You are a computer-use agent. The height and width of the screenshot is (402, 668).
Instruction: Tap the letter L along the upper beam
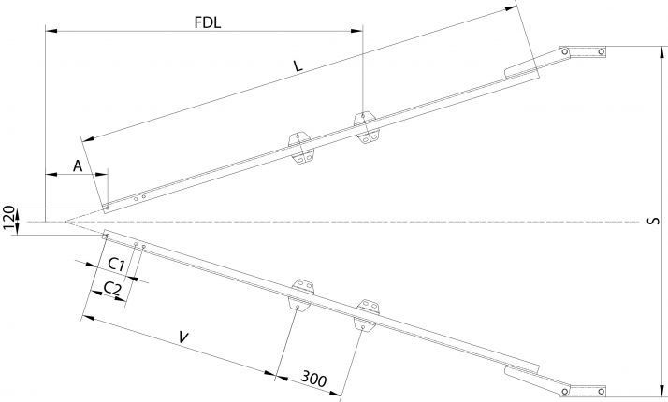click(298, 67)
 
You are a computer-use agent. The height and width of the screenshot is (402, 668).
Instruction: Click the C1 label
click(117, 264)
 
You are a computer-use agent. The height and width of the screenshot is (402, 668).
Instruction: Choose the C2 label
click(111, 287)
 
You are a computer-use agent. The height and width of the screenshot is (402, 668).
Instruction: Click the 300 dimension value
click(313, 379)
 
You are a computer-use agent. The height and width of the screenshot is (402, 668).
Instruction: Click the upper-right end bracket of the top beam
click(582, 50)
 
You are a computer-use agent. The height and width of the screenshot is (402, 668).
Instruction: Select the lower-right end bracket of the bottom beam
click(582, 390)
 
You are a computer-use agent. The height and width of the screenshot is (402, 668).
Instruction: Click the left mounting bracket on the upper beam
click(299, 149)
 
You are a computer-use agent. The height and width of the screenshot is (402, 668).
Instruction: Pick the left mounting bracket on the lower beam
click(299, 293)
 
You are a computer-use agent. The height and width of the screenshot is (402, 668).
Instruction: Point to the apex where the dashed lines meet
click(65, 222)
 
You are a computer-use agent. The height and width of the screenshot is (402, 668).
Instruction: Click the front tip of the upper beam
click(107, 208)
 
